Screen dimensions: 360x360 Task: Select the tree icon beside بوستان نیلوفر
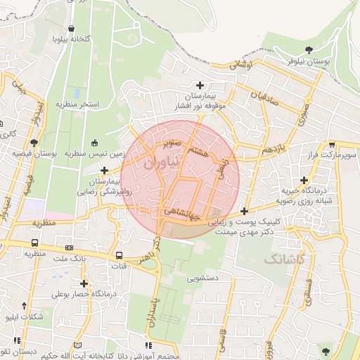point(309,49)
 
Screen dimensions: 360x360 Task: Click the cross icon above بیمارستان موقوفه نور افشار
point(200,85)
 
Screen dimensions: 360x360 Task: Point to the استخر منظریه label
point(79,104)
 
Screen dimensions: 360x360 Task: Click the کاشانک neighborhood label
point(285,259)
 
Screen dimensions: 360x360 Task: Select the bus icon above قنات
point(119,255)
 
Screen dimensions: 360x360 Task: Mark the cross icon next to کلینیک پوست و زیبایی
point(244,211)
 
